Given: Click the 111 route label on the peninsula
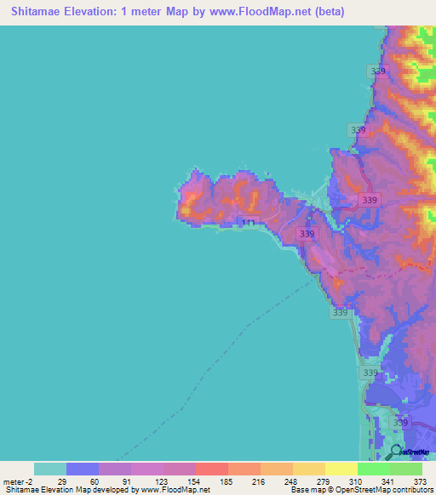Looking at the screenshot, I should coord(248,223).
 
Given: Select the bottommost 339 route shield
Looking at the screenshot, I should coord(400,423).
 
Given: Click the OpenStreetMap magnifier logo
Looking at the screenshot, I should coord(396,451).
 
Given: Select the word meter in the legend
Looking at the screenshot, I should coord(14,482).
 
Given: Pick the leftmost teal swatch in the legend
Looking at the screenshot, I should coord(50,469).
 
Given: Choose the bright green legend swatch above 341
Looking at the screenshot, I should coord(373,469).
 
